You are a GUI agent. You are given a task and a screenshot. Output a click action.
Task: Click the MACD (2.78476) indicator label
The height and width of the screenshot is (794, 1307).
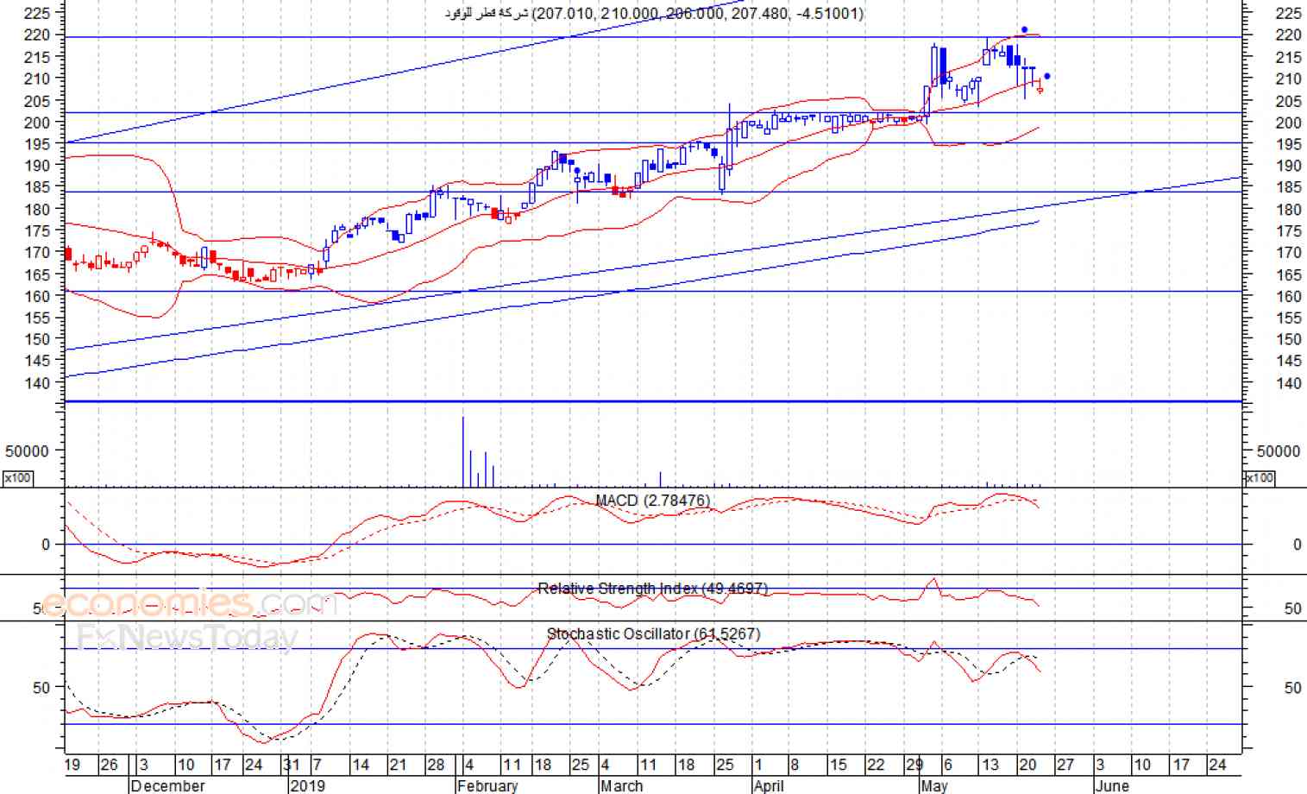[x=652, y=501]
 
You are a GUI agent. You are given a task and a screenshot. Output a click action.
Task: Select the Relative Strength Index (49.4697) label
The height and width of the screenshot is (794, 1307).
[x=652, y=589]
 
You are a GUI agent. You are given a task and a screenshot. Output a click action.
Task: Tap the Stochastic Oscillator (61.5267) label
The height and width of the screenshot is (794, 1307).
[x=653, y=634]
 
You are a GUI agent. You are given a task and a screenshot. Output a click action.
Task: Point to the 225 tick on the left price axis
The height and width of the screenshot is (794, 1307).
[x=37, y=13]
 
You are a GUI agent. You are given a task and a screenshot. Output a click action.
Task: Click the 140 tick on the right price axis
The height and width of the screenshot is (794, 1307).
[x=1288, y=383]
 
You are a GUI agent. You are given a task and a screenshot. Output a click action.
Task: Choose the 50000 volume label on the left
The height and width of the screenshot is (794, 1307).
[x=27, y=451]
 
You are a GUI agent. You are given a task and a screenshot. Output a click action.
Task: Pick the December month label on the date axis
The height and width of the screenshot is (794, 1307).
[x=168, y=785]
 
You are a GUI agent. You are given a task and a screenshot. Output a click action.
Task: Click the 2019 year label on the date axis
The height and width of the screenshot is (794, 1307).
[x=308, y=785]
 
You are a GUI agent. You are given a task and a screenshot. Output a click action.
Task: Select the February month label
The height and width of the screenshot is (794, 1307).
[x=487, y=785]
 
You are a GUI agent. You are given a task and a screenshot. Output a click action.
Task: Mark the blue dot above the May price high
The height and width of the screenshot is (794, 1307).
[x=1024, y=30]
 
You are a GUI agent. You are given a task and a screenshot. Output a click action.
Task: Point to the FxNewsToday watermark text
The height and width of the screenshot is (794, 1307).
[x=186, y=638]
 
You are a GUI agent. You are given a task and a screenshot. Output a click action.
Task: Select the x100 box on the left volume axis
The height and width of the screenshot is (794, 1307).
[x=18, y=477]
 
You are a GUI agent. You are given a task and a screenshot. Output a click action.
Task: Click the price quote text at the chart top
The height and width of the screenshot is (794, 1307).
[x=653, y=13]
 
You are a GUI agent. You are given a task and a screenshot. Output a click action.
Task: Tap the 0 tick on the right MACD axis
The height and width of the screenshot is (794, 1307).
[x=1297, y=545]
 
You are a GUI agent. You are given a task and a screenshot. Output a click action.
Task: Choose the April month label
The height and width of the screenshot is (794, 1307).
[x=769, y=785]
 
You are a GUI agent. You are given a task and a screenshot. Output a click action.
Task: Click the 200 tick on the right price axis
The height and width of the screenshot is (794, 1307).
[x=1288, y=123]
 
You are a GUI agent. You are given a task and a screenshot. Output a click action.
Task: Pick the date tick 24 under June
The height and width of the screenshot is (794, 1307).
[x=1217, y=765]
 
